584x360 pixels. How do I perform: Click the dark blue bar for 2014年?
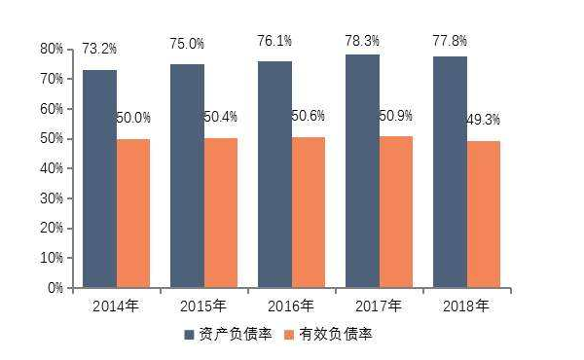(99, 179)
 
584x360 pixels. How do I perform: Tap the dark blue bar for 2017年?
(362, 171)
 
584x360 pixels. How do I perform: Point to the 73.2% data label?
(99, 46)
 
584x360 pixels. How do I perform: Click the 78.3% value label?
(362, 40)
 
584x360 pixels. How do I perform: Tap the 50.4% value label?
(223, 118)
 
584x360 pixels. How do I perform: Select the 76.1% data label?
(277, 42)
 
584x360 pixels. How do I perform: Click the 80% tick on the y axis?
(52, 49)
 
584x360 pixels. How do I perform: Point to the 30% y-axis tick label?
(52, 198)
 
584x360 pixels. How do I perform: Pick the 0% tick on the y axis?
(55, 288)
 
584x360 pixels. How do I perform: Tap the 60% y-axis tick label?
(52, 108)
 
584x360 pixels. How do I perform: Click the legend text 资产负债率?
(237, 335)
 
